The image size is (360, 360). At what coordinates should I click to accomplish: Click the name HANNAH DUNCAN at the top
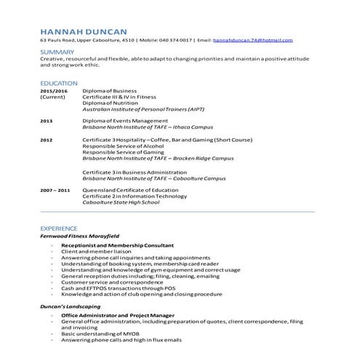click(x=84, y=31)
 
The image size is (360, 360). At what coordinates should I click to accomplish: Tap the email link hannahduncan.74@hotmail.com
click(x=252, y=40)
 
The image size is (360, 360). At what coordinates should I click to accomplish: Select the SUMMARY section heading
click(x=57, y=52)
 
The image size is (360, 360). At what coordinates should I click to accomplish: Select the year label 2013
click(x=47, y=120)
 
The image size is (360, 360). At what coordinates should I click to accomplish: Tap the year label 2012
click(x=47, y=139)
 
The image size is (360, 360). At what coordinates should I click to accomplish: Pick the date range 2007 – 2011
click(x=55, y=190)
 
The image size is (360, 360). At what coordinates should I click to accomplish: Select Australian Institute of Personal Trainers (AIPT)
click(x=143, y=108)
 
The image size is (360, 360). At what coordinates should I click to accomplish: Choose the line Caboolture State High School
click(x=120, y=202)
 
